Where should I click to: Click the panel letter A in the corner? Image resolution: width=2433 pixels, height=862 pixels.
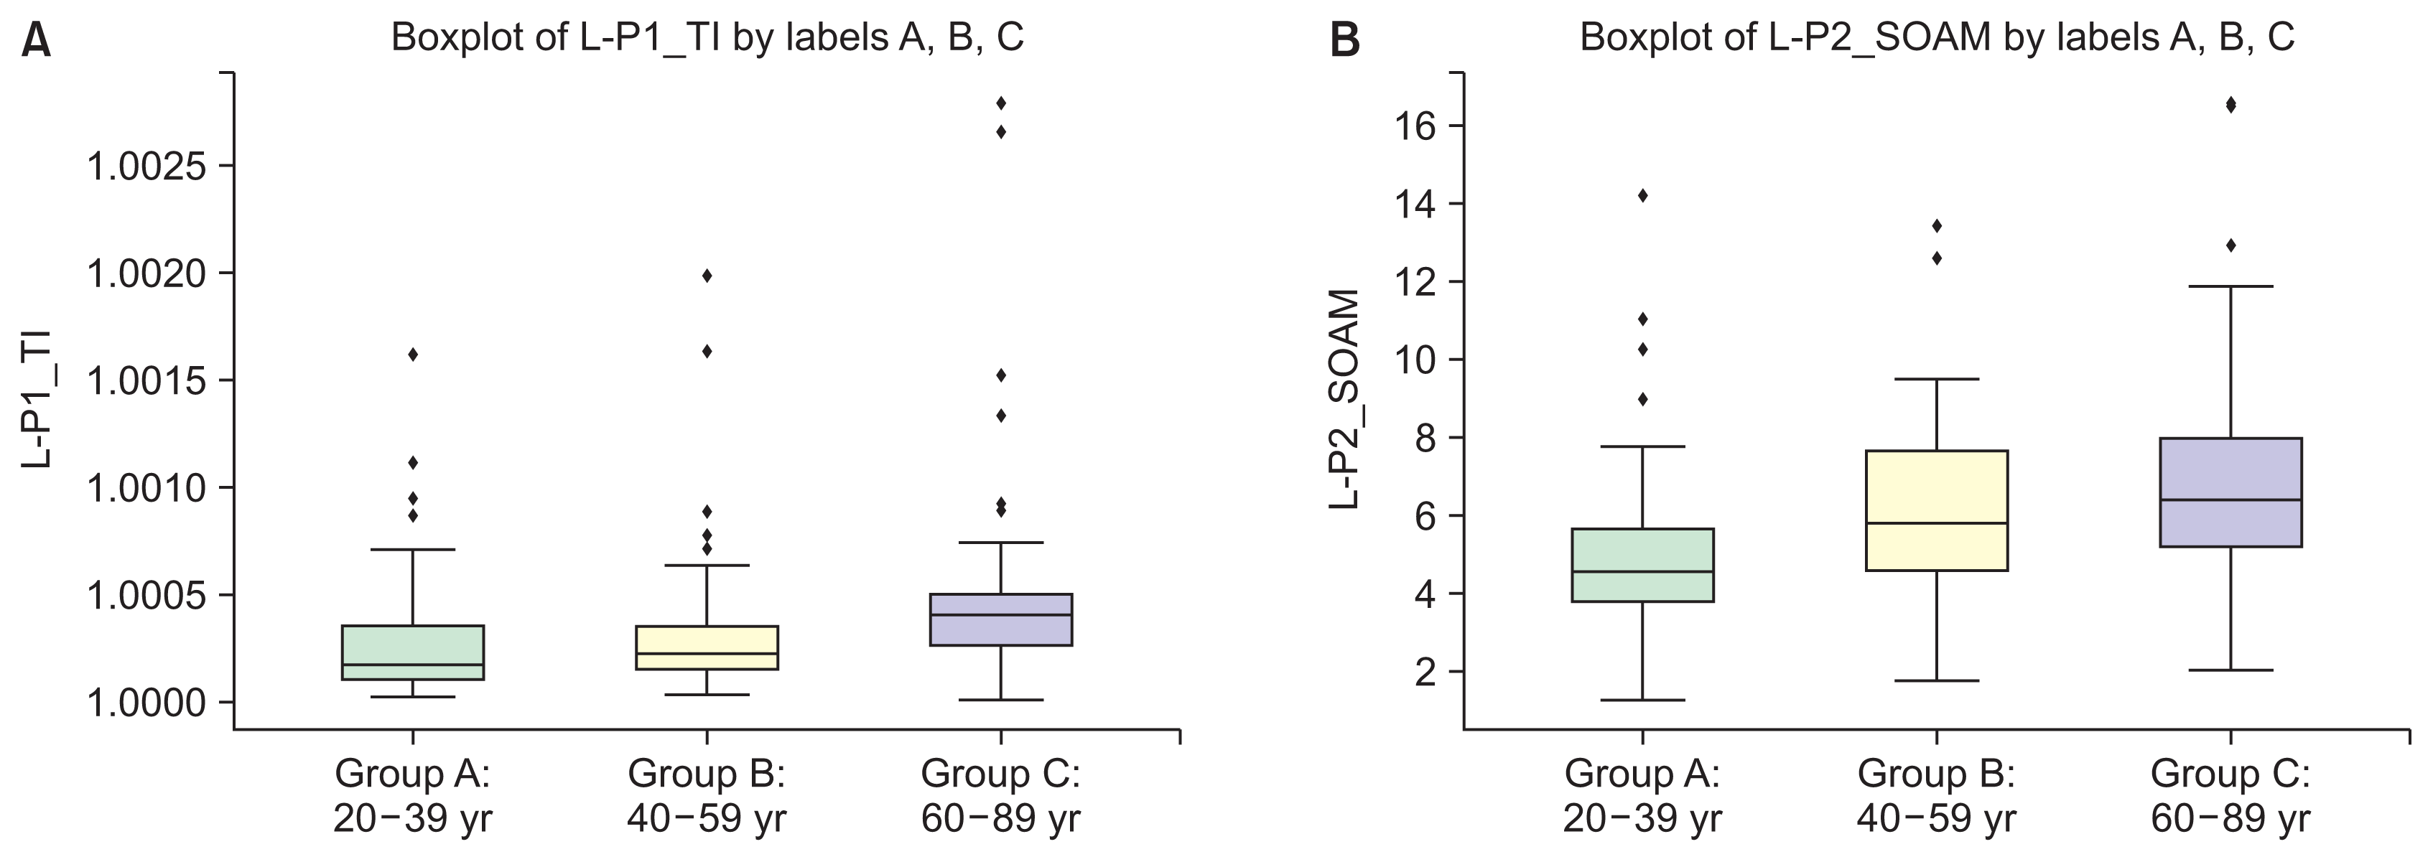[36, 42]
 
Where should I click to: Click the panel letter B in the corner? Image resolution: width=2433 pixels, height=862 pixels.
[1345, 42]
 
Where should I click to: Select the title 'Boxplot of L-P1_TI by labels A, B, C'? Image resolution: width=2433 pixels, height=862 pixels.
[707, 38]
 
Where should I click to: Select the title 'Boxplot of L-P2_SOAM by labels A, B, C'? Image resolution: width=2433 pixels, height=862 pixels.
[1936, 38]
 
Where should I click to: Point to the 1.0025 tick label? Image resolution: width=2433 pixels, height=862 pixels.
[146, 167]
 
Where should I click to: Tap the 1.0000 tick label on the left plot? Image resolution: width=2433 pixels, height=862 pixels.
[146, 703]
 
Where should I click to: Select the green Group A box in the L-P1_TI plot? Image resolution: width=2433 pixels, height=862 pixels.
[413, 652]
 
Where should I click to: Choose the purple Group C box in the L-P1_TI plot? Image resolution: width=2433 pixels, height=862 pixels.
[1001, 619]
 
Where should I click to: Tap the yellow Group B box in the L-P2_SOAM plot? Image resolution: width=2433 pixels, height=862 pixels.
[1936, 510]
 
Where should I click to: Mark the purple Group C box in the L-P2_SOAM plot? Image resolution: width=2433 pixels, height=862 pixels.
[2231, 492]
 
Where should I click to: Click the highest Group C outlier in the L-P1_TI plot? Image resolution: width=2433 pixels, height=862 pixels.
[1001, 102]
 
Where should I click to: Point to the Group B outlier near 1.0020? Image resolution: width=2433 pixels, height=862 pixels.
[707, 276]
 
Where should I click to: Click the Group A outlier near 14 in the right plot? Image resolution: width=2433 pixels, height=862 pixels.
[1642, 195]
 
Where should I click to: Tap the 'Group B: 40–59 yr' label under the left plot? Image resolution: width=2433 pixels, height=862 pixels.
[707, 796]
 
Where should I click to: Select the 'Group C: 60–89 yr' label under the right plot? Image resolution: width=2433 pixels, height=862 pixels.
[2231, 796]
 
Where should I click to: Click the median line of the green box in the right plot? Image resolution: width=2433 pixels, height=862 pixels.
[1642, 571]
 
